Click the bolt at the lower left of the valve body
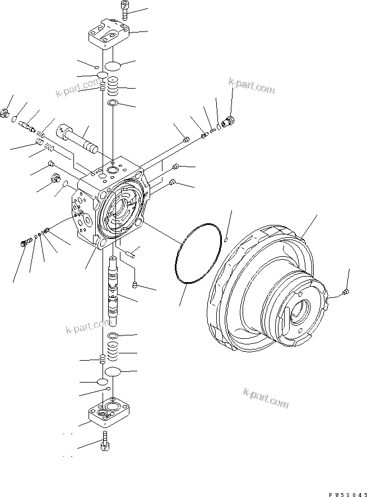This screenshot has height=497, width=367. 25,242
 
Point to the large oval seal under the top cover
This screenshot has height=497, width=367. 113,66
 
